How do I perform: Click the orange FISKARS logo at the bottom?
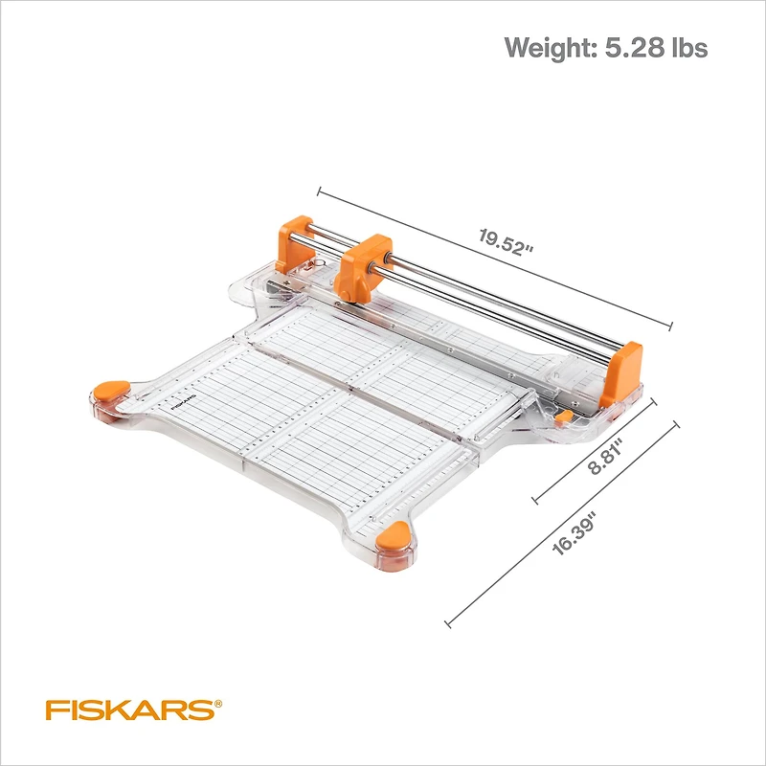128,710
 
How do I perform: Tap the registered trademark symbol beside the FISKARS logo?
218,704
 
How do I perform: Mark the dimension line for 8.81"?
594,450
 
